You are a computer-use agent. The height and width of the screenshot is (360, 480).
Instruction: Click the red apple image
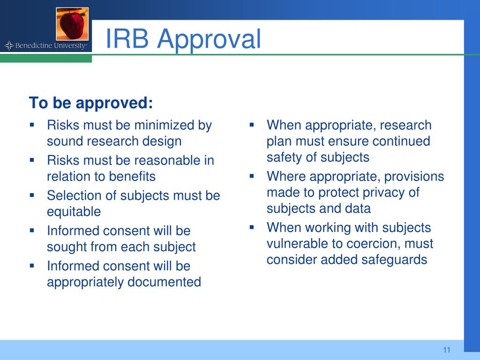[72, 23]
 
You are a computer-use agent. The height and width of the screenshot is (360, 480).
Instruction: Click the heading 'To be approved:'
[91, 103]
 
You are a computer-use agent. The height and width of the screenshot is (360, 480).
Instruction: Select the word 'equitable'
[74, 212]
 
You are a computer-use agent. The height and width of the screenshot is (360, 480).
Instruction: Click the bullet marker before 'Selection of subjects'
[32, 195]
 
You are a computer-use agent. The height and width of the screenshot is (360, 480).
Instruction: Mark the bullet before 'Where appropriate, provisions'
[252, 176]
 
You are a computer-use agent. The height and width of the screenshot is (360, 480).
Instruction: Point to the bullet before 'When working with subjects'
[252, 227]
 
